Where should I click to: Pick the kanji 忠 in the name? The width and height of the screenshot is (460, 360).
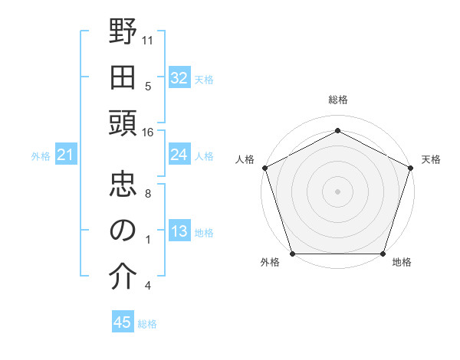pyautogui.click(x=123, y=186)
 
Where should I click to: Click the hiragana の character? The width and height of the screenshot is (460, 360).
pyautogui.click(x=123, y=231)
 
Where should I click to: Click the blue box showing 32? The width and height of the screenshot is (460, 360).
pyautogui.click(x=179, y=77)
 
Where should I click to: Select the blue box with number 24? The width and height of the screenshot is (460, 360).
pyautogui.click(x=179, y=155)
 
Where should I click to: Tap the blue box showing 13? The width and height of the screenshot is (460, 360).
pyautogui.click(x=179, y=232)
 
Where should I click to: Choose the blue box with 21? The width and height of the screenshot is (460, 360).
pyautogui.click(x=66, y=155)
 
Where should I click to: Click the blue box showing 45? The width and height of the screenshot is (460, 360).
pyautogui.click(x=123, y=322)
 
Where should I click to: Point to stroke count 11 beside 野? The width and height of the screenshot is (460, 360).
pyautogui.click(x=148, y=39)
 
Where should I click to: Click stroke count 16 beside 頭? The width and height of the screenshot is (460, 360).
pyautogui.click(x=148, y=133)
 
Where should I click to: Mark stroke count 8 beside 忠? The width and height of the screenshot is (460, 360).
pyautogui.click(x=147, y=194)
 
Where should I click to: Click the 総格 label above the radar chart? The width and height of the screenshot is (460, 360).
pyautogui.click(x=337, y=100)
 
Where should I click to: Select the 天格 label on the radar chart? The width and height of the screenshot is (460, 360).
pyautogui.click(x=431, y=159)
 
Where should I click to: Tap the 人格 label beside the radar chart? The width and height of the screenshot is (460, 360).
pyautogui.click(x=245, y=159)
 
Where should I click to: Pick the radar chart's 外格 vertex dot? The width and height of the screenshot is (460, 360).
pyautogui.click(x=292, y=254)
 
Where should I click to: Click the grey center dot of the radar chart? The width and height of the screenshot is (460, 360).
pyautogui.click(x=337, y=191)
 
